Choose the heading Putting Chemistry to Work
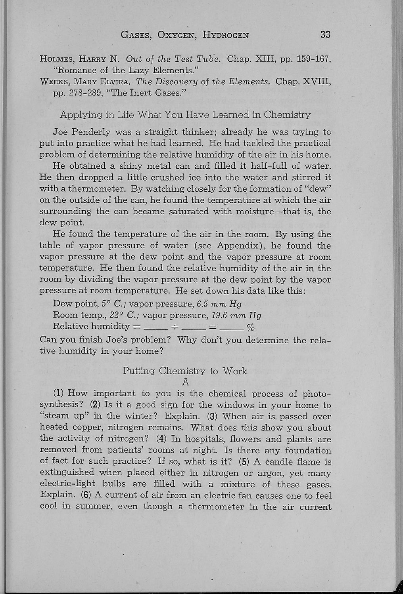click(x=185, y=371)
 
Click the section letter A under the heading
click(x=185, y=382)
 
